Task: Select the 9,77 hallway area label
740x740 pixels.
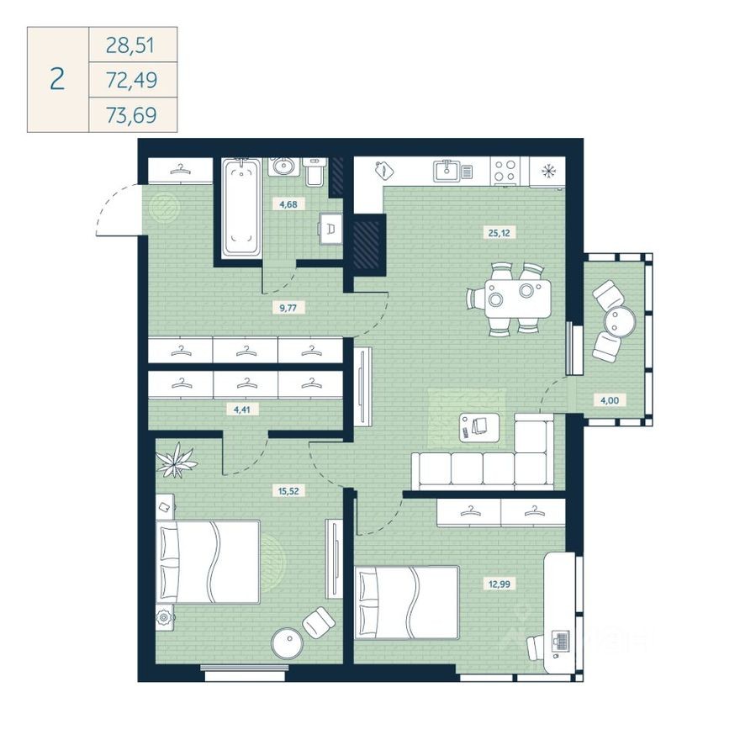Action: click(288, 308)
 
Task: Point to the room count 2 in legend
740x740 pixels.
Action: click(57, 80)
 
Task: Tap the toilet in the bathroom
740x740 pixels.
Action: click(313, 172)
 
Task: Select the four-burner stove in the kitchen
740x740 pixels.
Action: click(505, 171)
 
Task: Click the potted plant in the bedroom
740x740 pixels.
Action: click(177, 460)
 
